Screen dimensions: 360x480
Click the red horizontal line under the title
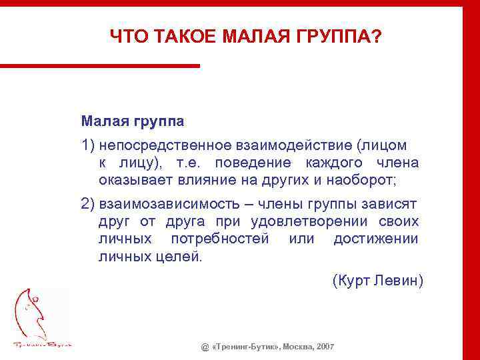(100, 65)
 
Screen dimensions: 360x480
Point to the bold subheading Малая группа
(133, 121)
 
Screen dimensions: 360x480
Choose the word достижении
(375, 239)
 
